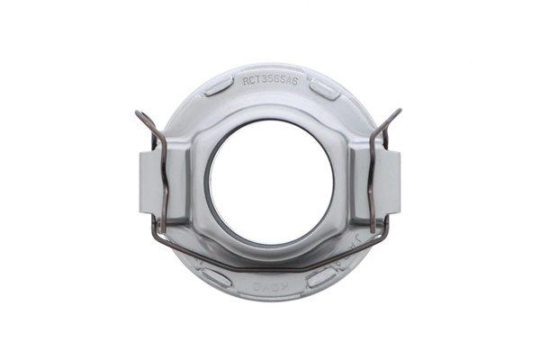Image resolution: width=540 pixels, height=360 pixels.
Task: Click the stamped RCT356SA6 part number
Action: click(275, 79)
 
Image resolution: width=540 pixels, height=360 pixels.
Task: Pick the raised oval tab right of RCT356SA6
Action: click(325, 88)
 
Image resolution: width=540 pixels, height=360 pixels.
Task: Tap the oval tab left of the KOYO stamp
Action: click(215, 277)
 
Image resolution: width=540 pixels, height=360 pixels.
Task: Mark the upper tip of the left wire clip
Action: click(137, 113)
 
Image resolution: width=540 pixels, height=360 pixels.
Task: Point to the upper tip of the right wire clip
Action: click(399, 112)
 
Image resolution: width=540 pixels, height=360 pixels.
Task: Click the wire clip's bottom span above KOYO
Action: click(270, 267)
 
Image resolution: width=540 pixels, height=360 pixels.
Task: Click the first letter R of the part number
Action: click(246, 80)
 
